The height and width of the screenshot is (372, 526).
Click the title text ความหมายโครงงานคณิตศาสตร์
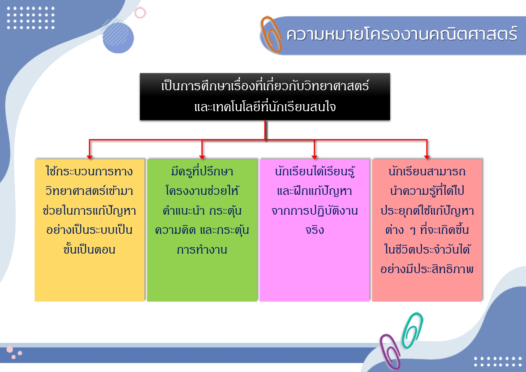click(402, 34)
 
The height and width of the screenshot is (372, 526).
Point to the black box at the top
click(265, 97)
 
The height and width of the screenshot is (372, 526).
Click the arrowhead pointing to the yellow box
click(89, 157)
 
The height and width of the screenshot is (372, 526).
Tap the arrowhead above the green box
click(202, 157)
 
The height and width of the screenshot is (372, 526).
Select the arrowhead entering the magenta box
click(314, 157)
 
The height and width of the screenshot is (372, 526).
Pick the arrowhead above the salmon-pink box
click(427, 157)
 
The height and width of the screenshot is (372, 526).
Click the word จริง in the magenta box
click(315, 230)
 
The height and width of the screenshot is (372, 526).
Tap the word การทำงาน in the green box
click(202, 249)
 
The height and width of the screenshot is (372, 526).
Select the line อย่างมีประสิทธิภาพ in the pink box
click(427, 269)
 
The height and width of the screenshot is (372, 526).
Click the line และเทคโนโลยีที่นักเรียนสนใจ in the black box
click(265, 106)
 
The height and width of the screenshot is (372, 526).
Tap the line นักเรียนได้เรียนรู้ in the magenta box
click(315, 171)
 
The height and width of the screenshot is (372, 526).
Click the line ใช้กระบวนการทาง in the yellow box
click(89, 171)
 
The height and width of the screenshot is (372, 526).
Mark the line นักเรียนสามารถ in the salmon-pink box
click(427, 171)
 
